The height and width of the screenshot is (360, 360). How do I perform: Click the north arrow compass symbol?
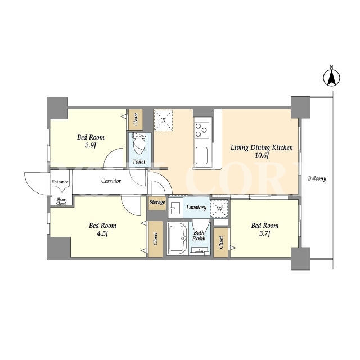[331, 78]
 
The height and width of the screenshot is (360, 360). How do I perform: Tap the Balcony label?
[317, 178]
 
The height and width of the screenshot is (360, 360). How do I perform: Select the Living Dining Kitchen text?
[262, 147]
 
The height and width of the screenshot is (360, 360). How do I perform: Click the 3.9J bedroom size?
[90, 145]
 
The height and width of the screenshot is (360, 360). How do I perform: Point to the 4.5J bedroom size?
[102, 233]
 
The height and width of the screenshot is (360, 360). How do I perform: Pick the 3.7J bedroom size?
[265, 233]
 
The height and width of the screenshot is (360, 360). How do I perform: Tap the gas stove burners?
[201, 130]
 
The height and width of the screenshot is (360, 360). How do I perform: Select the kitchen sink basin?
[201, 155]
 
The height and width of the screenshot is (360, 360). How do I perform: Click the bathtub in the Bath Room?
[178, 238]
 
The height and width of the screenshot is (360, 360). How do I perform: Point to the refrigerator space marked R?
[163, 120]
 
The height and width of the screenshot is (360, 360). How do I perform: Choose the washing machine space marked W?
[219, 209]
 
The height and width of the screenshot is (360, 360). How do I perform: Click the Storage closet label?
[157, 202]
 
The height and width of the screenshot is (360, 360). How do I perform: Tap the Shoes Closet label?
[61, 201]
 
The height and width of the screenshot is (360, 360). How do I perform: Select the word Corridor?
[111, 181]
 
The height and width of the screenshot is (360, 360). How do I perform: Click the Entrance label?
[60, 182]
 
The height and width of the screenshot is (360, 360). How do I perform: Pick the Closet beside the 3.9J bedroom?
[136, 120]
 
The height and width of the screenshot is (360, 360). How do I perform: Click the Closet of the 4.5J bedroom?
[155, 238]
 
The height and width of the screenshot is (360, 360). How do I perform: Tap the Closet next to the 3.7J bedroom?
[221, 242]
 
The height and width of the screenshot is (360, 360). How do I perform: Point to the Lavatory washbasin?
[175, 208]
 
